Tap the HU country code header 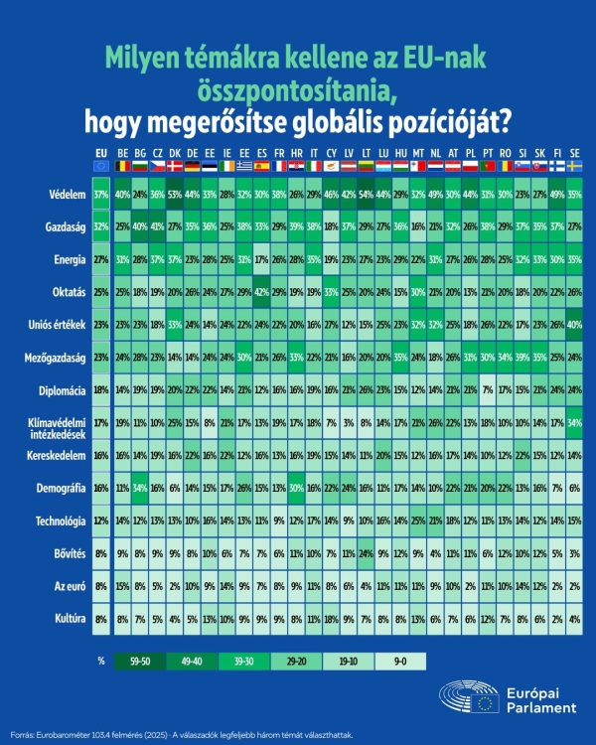point(400,152)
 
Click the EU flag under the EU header point(100,166)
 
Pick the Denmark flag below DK point(175,166)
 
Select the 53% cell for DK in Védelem point(175,195)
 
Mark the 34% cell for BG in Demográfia point(140,489)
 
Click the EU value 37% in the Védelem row point(100,195)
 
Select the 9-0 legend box point(399,659)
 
